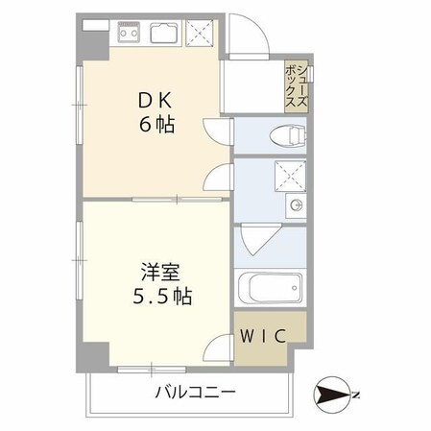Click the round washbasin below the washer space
[x=296, y=205]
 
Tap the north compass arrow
[x=331, y=394]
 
